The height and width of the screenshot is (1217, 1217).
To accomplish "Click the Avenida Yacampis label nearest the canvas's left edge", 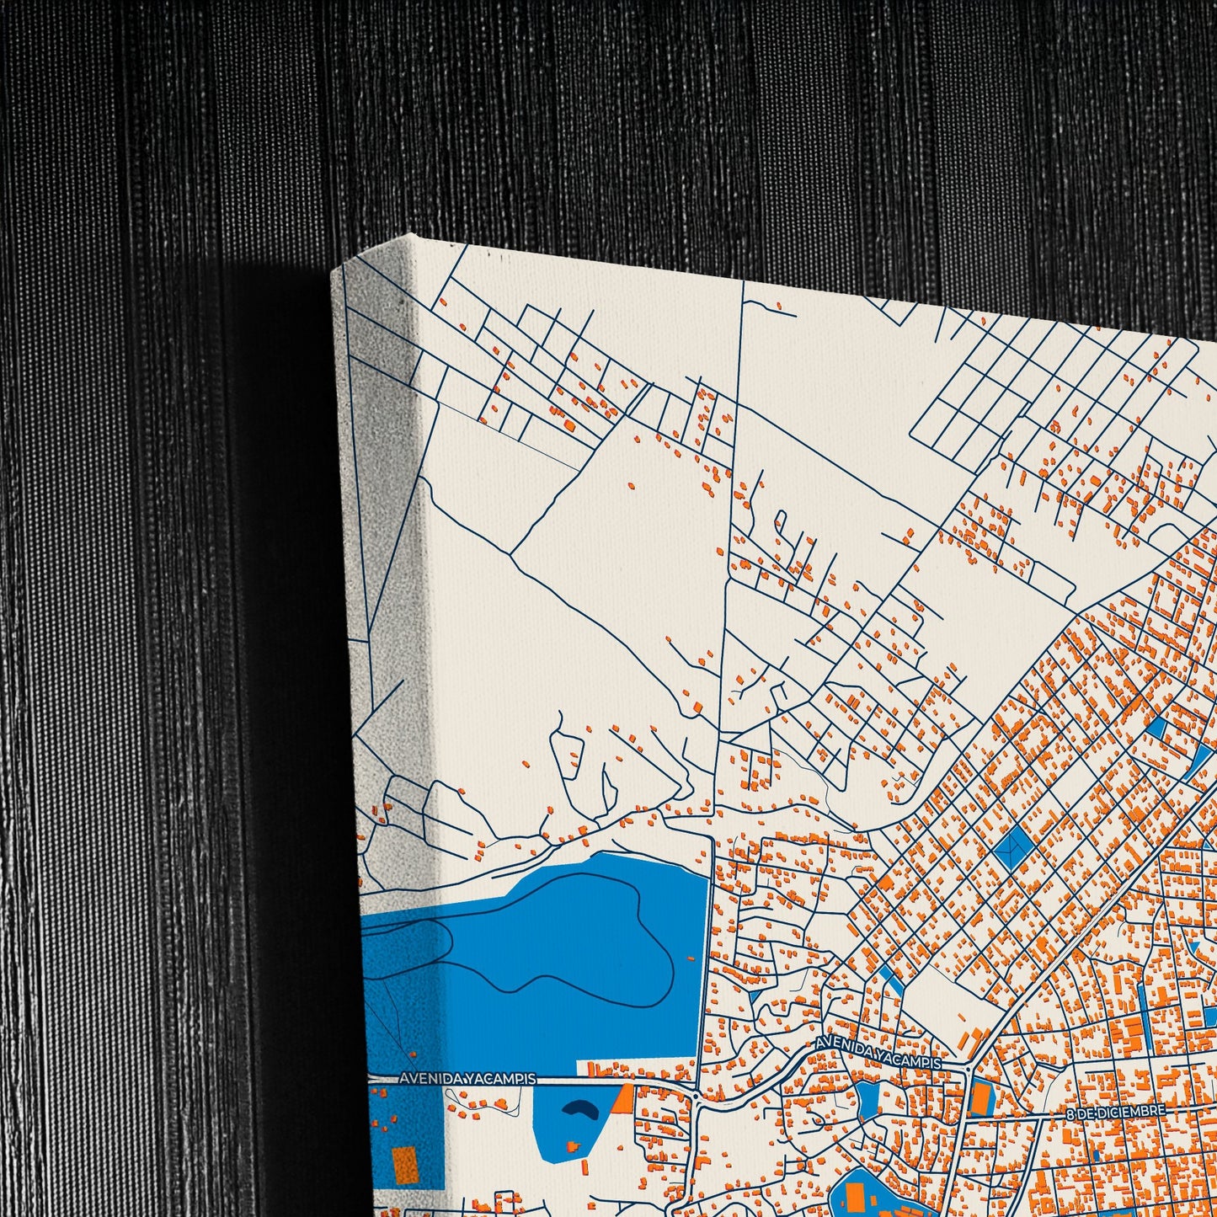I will click(x=467, y=1078).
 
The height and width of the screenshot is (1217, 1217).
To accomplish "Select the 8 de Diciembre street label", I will click(x=1115, y=1113).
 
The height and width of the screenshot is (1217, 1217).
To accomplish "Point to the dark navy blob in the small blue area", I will click(x=580, y=1110).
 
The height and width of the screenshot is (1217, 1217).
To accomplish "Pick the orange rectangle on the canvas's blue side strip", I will click(x=405, y=1165).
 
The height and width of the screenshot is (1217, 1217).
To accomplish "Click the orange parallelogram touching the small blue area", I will click(x=622, y=1098).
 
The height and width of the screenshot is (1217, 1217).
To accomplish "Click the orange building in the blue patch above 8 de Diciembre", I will click(x=979, y=1097).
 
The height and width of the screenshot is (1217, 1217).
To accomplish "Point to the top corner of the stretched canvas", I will click(x=410, y=237).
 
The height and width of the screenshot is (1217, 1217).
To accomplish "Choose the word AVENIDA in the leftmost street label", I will click(x=426, y=1078).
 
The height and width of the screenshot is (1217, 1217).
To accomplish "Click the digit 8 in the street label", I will click(x=1070, y=1114).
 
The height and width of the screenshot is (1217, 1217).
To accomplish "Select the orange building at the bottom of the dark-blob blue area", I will click(x=574, y=1146).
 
